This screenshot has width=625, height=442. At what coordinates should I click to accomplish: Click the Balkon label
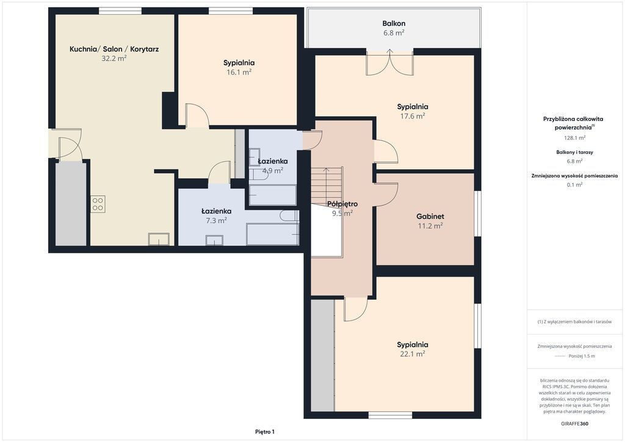coord(394,24)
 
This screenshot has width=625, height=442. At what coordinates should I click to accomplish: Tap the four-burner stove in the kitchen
coord(98,204)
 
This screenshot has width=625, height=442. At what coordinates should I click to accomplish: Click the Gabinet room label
coord(430,216)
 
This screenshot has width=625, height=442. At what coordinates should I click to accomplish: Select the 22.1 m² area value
coord(412,354)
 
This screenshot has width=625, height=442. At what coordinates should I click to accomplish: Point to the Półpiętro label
coord(342,204)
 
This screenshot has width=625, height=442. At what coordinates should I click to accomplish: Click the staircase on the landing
coord(327,186)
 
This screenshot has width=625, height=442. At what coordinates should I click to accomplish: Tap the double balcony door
coord(390,62)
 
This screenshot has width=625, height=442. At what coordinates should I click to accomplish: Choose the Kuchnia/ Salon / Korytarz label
coord(114,49)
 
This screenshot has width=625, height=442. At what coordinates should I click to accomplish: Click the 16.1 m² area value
coord(239,72)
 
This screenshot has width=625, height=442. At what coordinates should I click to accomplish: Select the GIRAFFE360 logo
coord(574,424)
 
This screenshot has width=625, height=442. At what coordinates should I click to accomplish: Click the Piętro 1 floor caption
coord(265,432)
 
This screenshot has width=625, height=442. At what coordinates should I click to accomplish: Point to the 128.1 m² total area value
coord(574,138)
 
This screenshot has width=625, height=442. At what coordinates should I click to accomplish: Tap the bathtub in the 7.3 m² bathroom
coord(273,234)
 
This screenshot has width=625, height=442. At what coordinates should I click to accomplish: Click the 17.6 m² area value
coord(413,116)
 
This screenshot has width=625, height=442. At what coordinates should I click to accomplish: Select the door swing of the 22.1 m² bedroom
coord(356,309)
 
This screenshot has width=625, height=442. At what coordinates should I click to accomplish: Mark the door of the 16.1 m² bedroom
coord(197,115)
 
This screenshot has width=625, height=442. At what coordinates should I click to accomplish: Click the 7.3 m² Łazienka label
coord(216,211)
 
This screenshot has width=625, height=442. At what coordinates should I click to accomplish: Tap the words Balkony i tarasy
coord(574,152)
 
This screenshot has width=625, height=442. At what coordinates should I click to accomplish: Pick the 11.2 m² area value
coord(430,226)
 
